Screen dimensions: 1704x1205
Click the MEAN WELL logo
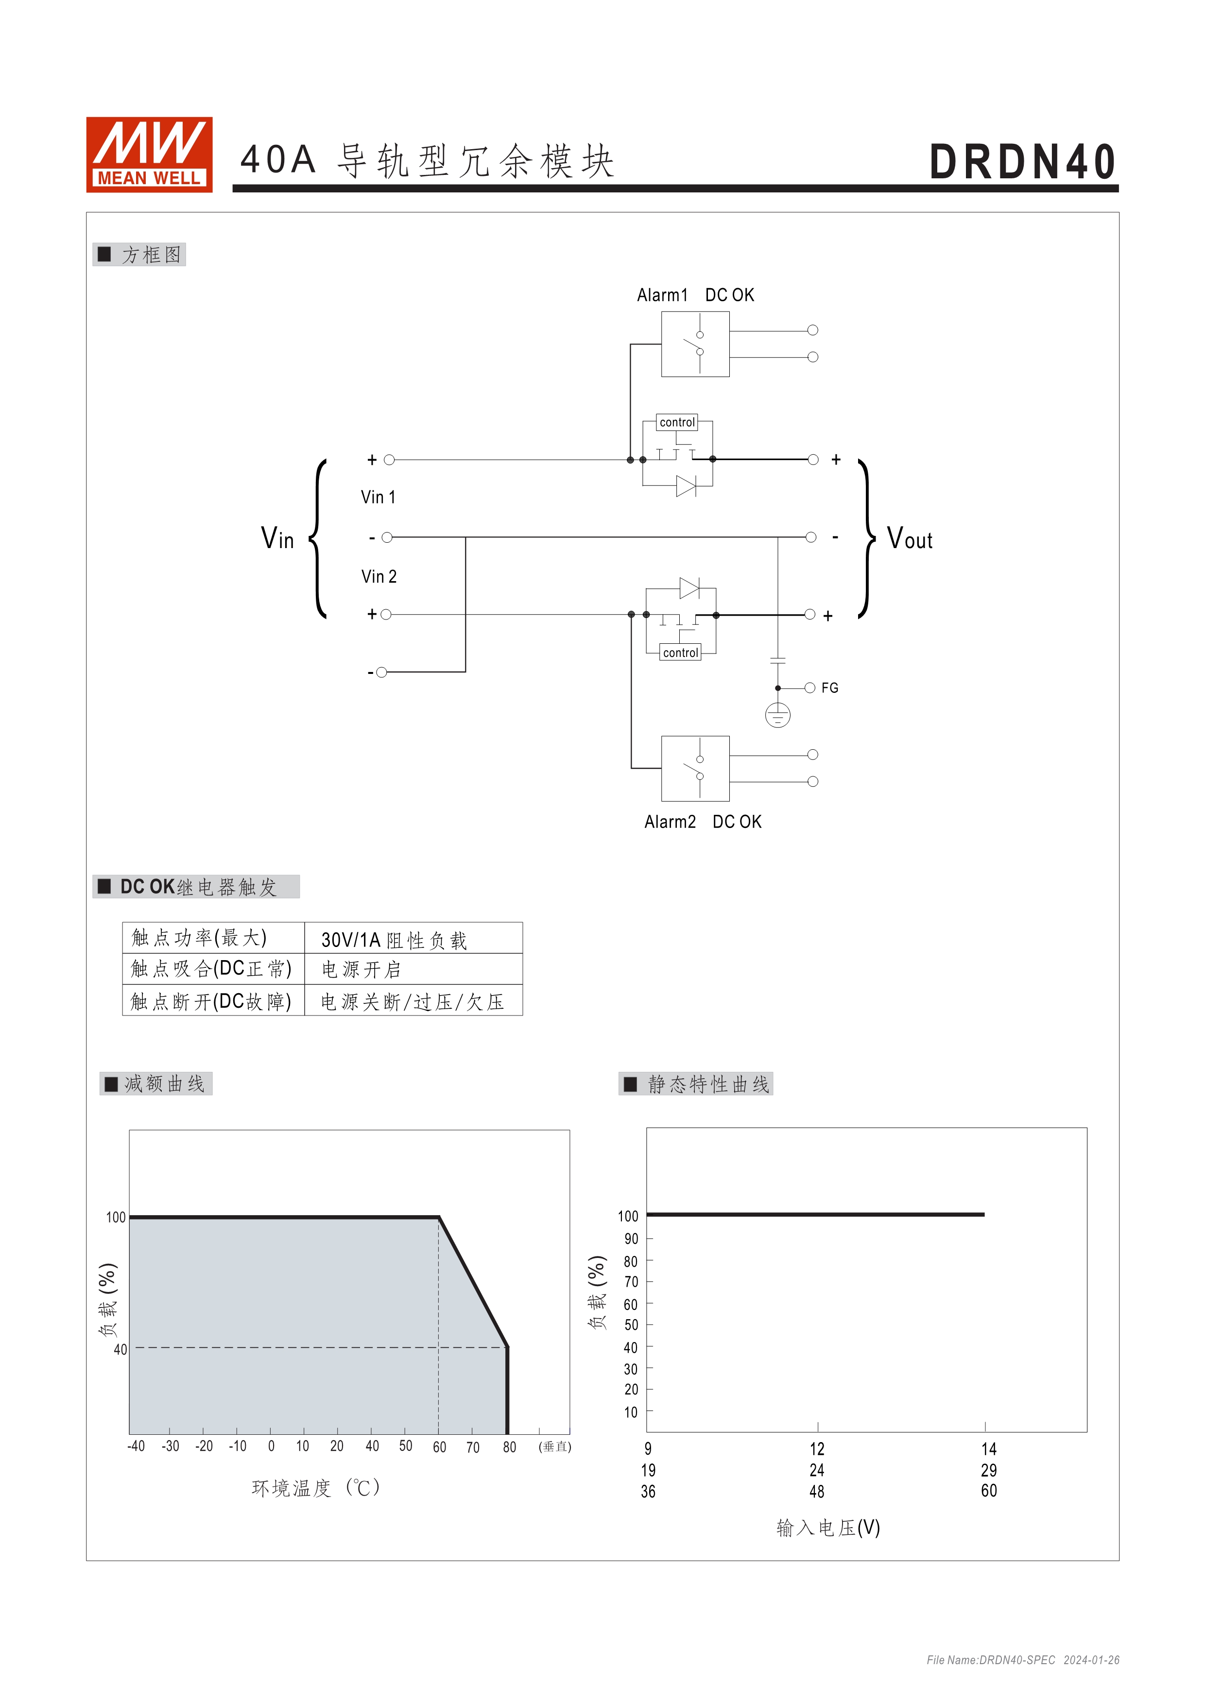point(149,155)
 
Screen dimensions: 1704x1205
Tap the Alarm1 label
point(662,295)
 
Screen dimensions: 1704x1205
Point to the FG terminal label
point(829,688)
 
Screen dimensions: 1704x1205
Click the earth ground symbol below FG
point(777,715)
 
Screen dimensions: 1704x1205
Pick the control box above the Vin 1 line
point(677,422)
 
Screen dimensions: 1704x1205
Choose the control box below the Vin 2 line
point(680,653)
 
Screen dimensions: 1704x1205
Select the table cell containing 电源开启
point(413,969)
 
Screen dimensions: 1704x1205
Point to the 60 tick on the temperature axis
point(439,1447)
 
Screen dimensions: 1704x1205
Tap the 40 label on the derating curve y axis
point(120,1349)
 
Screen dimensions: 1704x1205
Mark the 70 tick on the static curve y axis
point(631,1282)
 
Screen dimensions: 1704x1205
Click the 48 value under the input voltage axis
point(817,1492)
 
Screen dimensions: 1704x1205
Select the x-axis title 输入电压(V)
point(828,1527)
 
